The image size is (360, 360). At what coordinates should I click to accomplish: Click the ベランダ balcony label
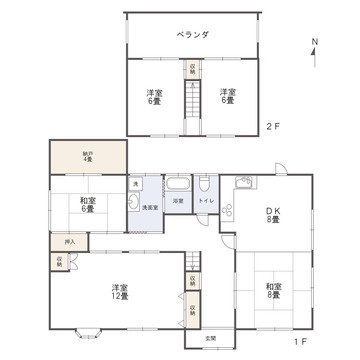click(x=192, y=34)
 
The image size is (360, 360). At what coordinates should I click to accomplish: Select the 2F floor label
click(x=272, y=126)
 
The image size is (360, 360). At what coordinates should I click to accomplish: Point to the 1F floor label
click(x=299, y=342)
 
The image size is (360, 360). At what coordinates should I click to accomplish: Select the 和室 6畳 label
click(x=88, y=205)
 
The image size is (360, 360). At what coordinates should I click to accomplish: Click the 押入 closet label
click(x=68, y=241)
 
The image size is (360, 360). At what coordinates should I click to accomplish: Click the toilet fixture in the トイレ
click(x=204, y=184)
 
